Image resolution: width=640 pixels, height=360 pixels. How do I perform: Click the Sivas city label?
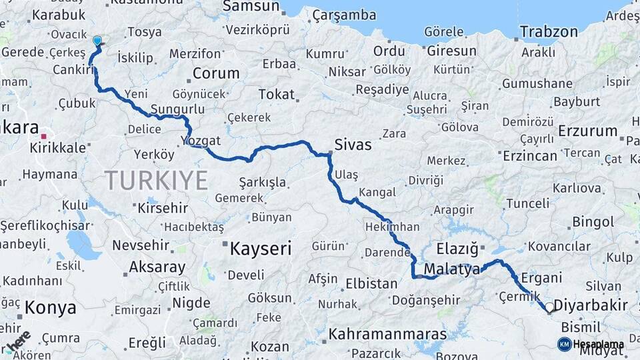[x=353, y=144]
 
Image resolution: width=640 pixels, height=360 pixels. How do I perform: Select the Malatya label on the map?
[x=452, y=269]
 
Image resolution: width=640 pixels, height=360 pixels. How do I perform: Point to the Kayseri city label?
[x=261, y=249]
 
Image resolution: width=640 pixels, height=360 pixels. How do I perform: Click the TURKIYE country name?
[x=156, y=180]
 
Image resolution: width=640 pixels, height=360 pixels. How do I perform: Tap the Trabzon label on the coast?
[x=549, y=31]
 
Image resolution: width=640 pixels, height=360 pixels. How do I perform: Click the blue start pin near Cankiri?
[x=97, y=41]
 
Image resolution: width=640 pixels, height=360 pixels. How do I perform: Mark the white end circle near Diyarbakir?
[x=549, y=308]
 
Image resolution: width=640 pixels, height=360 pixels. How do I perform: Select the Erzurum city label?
[x=587, y=131]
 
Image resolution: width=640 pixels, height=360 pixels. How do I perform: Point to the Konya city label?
[x=51, y=308]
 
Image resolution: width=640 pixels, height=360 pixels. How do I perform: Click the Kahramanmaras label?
[x=388, y=333]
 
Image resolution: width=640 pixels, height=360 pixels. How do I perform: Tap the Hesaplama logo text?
[x=598, y=344]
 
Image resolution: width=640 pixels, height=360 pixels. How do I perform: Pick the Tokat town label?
[x=276, y=95]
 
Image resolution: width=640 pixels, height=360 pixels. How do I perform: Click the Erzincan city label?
[x=530, y=155]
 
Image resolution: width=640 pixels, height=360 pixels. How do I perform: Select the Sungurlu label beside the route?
[x=177, y=109]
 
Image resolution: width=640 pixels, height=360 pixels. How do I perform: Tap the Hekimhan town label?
[x=392, y=227]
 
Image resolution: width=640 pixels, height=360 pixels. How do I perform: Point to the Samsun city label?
[x=251, y=6]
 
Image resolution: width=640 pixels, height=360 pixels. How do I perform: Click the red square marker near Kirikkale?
[x=44, y=136]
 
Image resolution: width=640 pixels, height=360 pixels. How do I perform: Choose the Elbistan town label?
[x=371, y=283]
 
